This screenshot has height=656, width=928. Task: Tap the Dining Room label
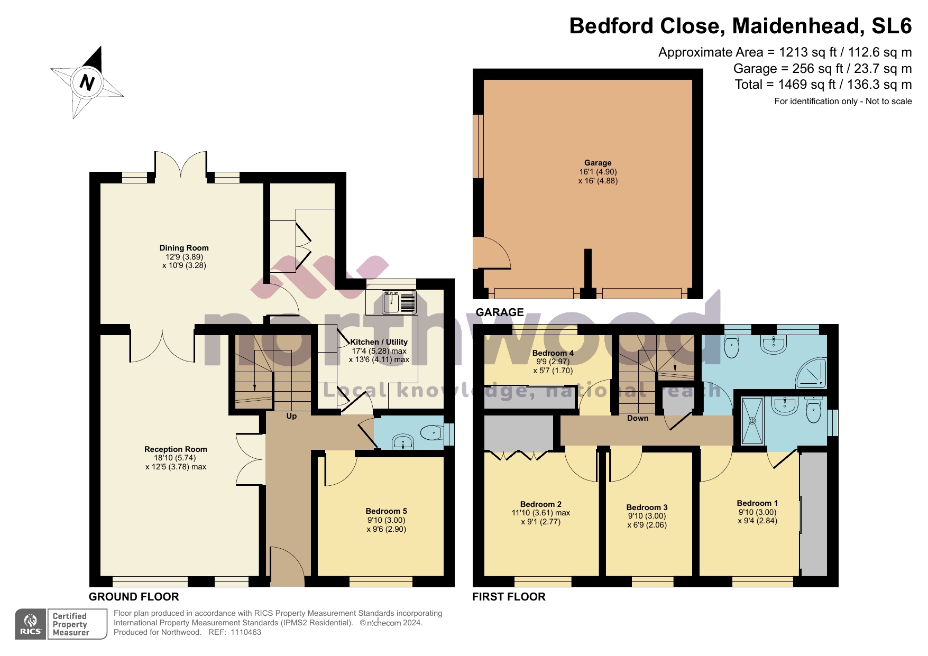pos(184,248)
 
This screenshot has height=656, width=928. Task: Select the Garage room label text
pos(598,163)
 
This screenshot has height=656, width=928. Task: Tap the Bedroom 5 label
pos(386,511)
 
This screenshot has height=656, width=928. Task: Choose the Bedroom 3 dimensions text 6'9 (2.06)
pos(647,525)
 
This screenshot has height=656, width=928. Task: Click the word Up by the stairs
pos(291,416)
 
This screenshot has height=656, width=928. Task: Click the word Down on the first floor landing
pos(638,418)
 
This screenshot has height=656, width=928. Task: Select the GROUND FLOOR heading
pos(134,597)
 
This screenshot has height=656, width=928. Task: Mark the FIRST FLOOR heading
pos(509,597)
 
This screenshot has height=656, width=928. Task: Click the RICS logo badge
pos(31,624)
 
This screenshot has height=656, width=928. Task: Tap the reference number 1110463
pos(245,632)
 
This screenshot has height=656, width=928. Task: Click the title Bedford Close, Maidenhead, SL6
pos(740,26)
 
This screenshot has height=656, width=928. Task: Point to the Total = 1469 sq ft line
pos(823,85)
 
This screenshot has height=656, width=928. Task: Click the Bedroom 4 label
pos(553,353)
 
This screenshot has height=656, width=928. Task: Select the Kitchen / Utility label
pos(379,342)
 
